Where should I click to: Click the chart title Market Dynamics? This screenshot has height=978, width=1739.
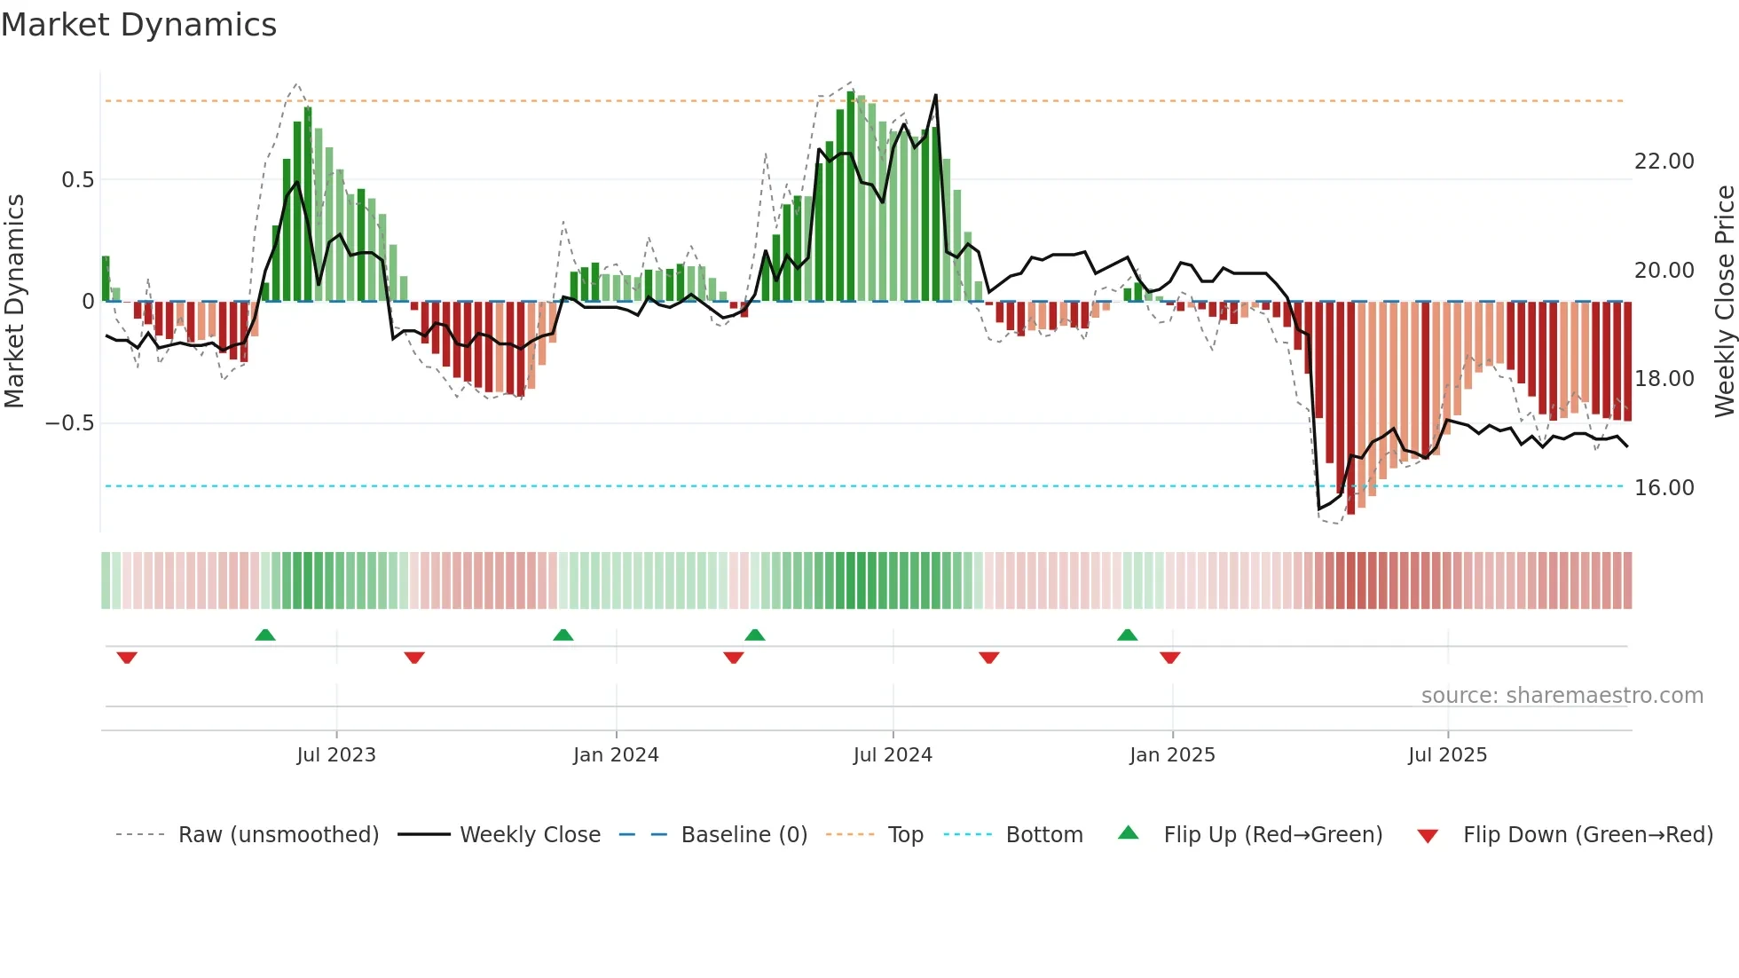click(x=138, y=25)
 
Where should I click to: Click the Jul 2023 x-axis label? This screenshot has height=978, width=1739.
click(x=336, y=755)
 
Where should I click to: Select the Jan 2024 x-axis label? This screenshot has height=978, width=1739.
click(x=616, y=755)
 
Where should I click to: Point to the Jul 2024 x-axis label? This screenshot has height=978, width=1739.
click(x=893, y=755)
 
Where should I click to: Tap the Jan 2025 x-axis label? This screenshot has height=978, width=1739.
click(x=1172, y=755)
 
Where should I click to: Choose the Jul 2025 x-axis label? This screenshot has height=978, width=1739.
click(x=1447, y=755)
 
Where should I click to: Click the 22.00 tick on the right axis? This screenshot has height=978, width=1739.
click(x=1664, y=162)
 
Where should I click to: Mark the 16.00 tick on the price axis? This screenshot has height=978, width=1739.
click(x=1664, y=488)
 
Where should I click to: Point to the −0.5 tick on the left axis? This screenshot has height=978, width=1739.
click(x=69, y=423)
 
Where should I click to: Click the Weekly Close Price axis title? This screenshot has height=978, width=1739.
click(x=1724, y=302)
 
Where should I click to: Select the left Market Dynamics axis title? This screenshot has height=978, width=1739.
click(x=14, y=302)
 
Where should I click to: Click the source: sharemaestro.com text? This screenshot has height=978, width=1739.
click(x=1562, y=696)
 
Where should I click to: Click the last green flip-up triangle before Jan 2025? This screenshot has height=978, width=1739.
click(x=1127, y=635)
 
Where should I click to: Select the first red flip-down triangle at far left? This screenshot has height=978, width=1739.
click(x=127, y=658)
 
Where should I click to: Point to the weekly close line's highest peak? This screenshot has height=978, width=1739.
click(x=935, y=96)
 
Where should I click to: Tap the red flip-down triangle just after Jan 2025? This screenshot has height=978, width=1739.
click(x=1169, y=658)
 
